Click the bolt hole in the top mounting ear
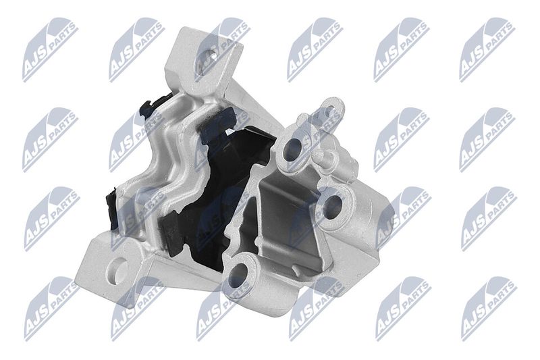210,57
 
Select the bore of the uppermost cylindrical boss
292,150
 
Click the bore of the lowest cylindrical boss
238,276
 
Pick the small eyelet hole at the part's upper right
329,111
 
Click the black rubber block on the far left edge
112,208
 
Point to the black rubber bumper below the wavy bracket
171,232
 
